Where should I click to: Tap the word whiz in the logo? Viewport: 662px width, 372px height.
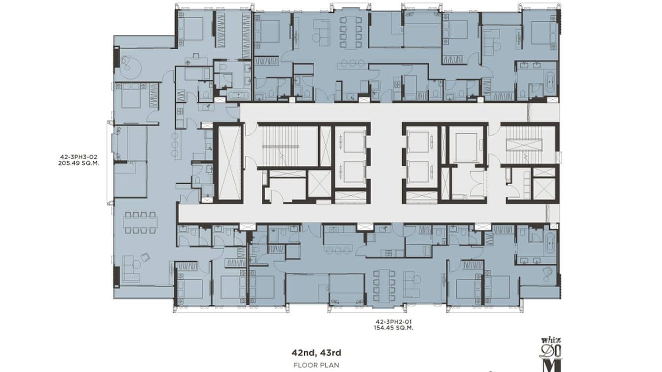pyautogui.click(x=551, y=340)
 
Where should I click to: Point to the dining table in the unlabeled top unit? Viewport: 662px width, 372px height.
pyautogui.click(x=351, y=33)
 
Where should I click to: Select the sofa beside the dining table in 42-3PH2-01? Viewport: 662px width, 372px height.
pyautogui.click(x=410, y=283)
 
